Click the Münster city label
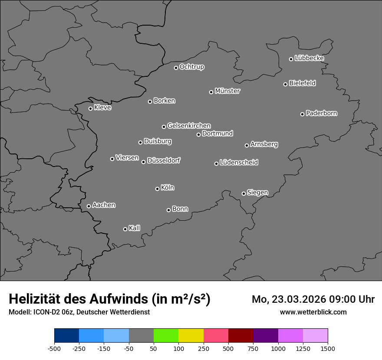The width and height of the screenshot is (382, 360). (x=227, y=91)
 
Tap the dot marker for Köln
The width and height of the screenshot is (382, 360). (x=157, y=189)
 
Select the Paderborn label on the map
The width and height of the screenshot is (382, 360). (x=322, y=113)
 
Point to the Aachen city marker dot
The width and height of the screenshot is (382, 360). (x=89, y=206)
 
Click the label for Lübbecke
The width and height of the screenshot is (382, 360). (x=309, y=58)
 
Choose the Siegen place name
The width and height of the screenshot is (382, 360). (x=257, y=193)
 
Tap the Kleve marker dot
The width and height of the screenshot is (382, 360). (x=90, y=108)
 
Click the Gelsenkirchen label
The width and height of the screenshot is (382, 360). (x=189, y=126)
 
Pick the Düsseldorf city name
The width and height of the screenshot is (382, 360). (x=164, y=160)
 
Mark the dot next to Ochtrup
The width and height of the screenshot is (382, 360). (x=176, y=68)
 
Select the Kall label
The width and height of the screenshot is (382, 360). (x=135, y=228)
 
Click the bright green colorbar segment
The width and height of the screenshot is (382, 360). (x=166, y=336)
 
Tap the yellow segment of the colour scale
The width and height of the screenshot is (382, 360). (x=191, y=336)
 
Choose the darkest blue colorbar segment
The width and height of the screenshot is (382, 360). (x=66, y=336)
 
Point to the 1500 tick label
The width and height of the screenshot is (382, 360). (x=328, y=348)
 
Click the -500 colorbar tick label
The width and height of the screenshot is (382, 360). (x=54, y=348)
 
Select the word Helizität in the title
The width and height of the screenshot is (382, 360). (x=35, y=299)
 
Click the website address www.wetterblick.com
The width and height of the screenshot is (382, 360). (x=313, y=312)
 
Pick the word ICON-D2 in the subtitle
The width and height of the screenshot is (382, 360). (x=45, y=312)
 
